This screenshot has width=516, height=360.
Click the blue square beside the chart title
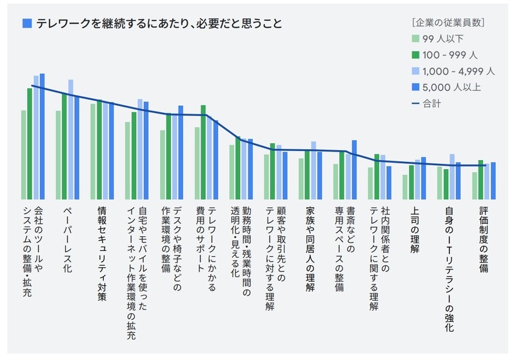[27, 24]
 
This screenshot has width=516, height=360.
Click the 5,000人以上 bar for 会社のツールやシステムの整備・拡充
[42, 135]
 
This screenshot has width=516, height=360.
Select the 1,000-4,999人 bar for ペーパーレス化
[70, 139]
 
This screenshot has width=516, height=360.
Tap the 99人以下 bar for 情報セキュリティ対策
[94, 151]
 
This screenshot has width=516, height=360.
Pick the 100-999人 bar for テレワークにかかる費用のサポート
[203, 152]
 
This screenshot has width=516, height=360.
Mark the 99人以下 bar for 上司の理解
[405, 186]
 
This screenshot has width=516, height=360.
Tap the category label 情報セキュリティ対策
[101, 246]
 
